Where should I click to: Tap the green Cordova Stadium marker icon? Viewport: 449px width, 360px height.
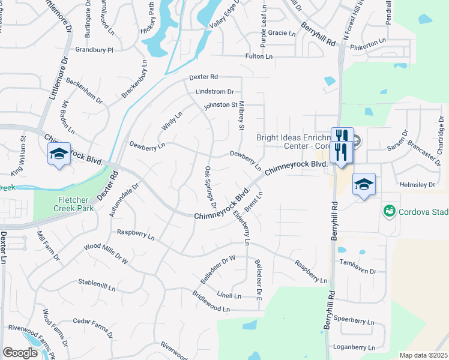pyautogui.click(x=390, y=212)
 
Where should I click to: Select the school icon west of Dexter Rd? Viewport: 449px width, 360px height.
pyautogui.click(x=59, y=154)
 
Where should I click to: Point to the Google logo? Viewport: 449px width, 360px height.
pyautogui.click(x=20, y=352)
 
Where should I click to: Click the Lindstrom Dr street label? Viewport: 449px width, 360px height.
pyautogui.click(x=214, y=92)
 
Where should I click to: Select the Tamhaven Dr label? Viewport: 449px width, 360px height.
pyautogui.click(x=357, y=271)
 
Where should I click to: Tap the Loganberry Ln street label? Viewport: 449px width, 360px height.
pyautogui.click(x=354, y=347)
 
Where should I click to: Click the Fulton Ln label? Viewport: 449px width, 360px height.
pyautogui.click(x=259, y=56)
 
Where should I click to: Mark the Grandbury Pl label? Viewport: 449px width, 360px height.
pyautogui.click(x=94, y=50)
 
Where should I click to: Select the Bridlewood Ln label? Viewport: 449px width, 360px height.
pyautogui.click(x=211, y=302)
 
